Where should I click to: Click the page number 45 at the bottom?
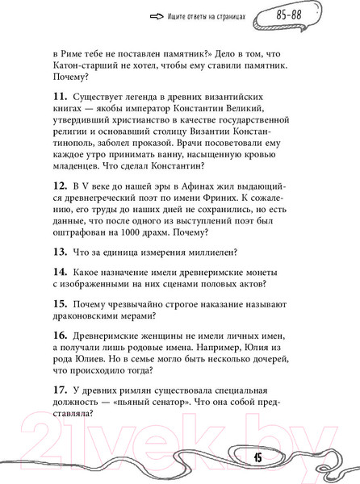coord(257,457)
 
